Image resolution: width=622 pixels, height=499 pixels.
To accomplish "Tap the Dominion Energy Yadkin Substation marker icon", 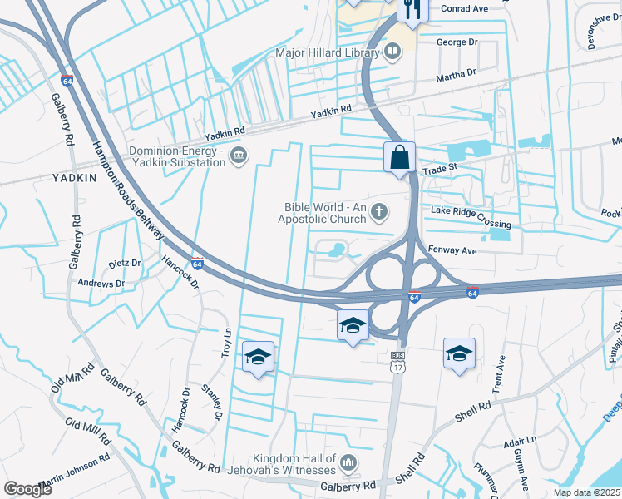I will point(239,156).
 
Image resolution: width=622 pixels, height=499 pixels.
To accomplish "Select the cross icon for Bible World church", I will point(379,212).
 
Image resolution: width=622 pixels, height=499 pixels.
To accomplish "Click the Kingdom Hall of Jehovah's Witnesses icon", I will point(348,462).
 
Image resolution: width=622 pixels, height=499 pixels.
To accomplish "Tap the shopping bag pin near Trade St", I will point(400,156).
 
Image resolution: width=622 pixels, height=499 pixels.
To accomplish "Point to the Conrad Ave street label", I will point(464,9).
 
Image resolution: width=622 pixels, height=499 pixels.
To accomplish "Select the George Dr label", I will point(457,41).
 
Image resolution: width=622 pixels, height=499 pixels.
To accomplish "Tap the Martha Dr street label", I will point(457,75).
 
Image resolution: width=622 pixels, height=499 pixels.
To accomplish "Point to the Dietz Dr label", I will point(125,263).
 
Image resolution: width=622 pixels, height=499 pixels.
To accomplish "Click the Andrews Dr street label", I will point(101,284).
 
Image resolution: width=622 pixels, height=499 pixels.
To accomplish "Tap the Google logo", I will point(28,488).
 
